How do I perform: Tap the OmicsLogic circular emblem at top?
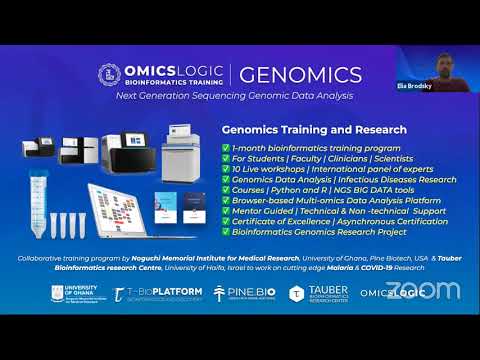pyautogui.click(x=109, y=75)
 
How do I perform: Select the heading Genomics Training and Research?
pyautogui.click(x=314, y=130)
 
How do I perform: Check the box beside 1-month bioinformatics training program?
pyautogui.click(x=226, y=147)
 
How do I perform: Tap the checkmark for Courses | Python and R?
pyautogui.click(x=226, y=193)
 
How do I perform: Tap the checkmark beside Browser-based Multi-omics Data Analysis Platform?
pyautogui.click(x=226, y=202)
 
